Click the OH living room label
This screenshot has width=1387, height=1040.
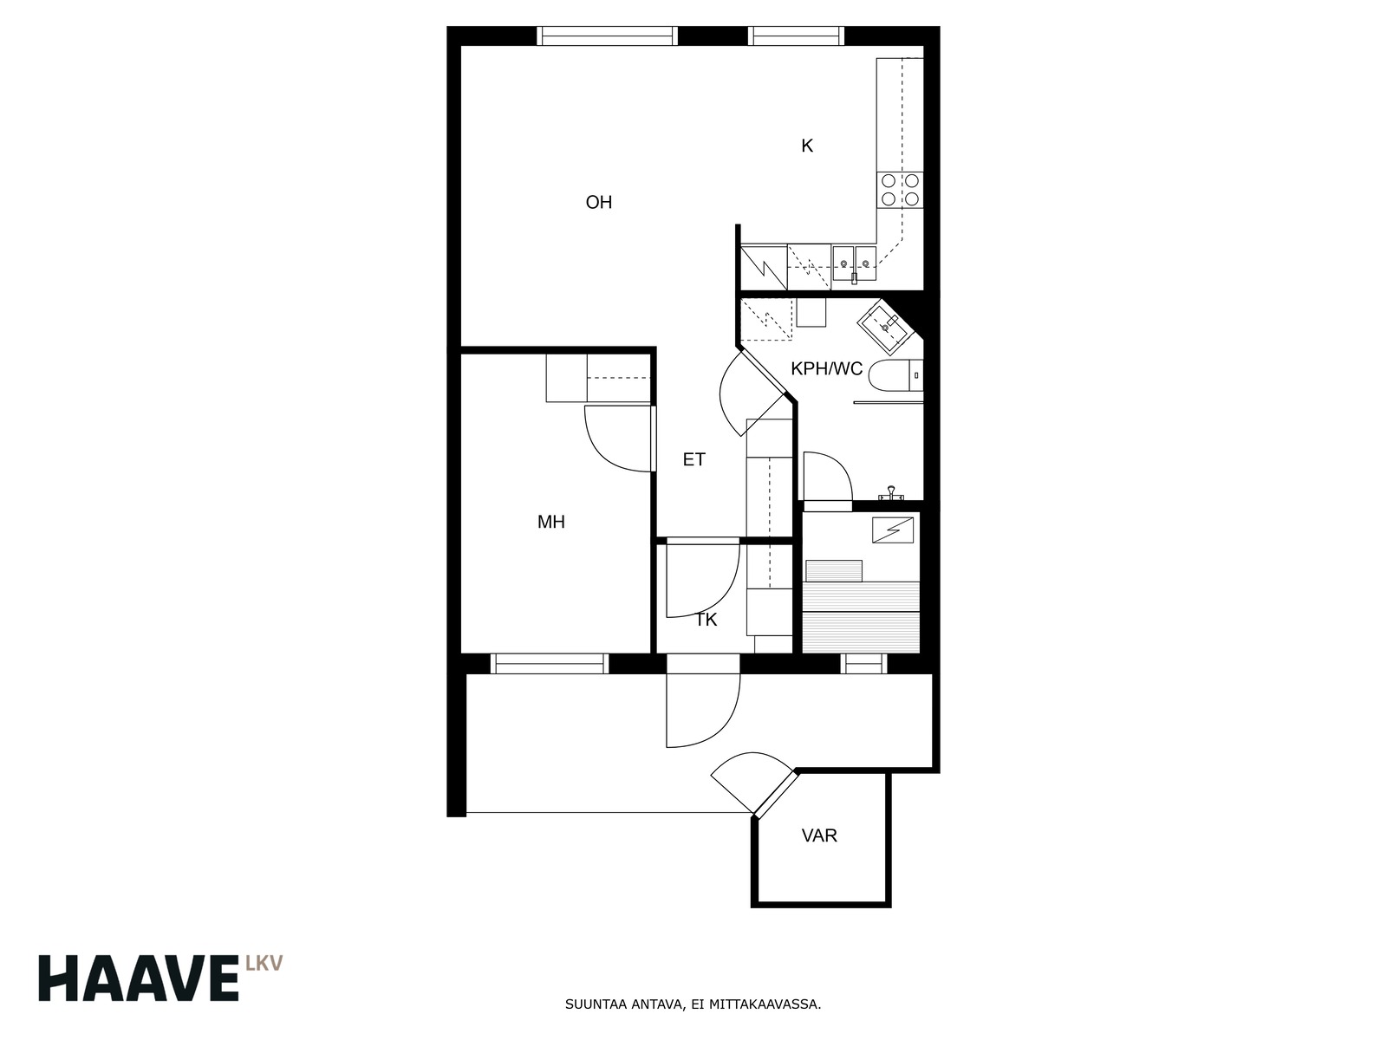pos(598,203)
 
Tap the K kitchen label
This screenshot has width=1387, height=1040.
pos(807,146)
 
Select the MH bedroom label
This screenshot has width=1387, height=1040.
pos(551,522)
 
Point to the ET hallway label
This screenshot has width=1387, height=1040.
pos(693,459)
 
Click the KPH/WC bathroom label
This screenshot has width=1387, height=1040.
pos(826,369)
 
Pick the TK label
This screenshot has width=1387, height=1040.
pos(707,620)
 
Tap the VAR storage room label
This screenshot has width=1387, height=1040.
pos(819,835)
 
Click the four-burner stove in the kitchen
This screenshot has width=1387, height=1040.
pos(900,190)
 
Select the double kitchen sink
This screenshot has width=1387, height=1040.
pos(854,263)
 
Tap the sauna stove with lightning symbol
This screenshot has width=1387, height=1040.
pos(893,530)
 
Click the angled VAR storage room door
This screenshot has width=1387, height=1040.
pos(775,792)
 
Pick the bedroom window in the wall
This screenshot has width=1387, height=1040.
pos(549,664)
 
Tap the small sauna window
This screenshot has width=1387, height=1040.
pos(863,664)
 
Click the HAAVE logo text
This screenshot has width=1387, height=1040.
pos(139,978)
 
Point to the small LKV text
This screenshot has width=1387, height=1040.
pos(264,962)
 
